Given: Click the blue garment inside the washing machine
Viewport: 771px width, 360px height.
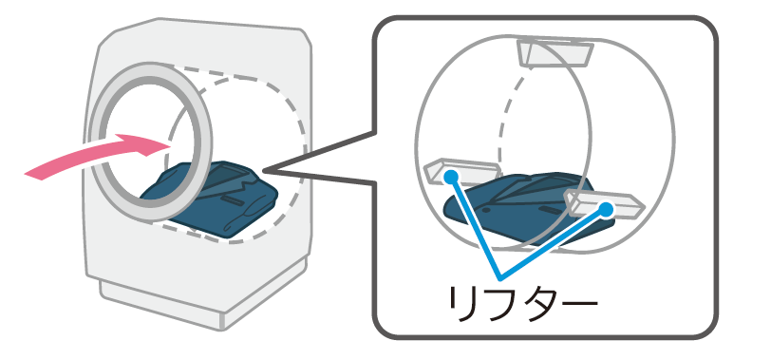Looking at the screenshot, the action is [204, 199].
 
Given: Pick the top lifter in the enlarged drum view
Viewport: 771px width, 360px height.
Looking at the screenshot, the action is [555, 52].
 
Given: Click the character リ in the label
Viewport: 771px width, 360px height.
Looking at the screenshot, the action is [463, 305].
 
